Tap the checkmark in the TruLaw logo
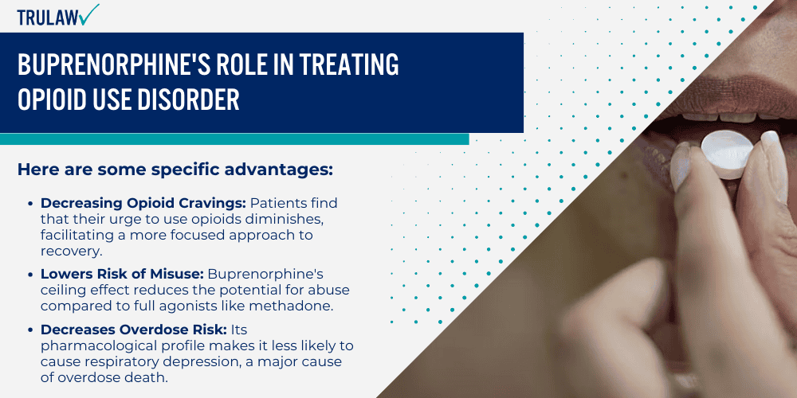coord(90,13)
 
